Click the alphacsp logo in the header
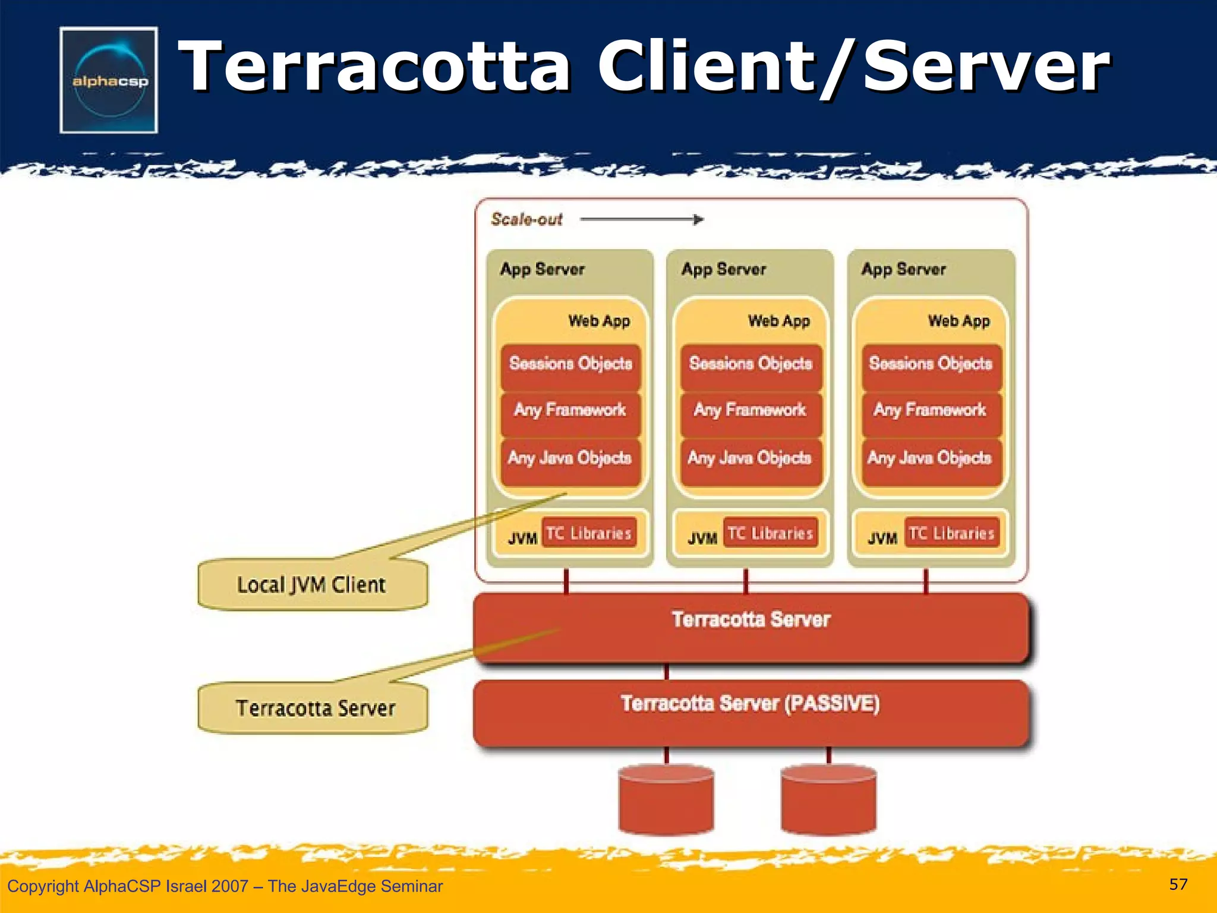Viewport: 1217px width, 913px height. coord(109,80)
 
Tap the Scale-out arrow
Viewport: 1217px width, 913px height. coord(642,220)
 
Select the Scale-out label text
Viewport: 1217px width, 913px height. coord(526,219)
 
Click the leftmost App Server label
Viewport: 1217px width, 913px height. coord(542,269)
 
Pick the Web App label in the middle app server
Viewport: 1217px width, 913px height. coord(778,321)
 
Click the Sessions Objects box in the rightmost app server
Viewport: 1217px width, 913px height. coord(931,364)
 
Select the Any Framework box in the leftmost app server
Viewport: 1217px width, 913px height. coord(570,410)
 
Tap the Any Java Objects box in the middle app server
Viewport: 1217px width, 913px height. coord(749,458)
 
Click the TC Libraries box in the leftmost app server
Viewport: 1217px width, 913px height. coord(588,533)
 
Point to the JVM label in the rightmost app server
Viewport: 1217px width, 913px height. coord(882,539)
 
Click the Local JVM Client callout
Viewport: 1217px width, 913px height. coord(312,585)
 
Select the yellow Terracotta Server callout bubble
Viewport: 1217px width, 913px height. coord(314,709)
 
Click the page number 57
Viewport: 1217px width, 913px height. coord(1178,884)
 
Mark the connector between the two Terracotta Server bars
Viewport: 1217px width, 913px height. coord(666,672)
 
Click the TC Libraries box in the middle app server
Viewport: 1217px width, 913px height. coord(770,533)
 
